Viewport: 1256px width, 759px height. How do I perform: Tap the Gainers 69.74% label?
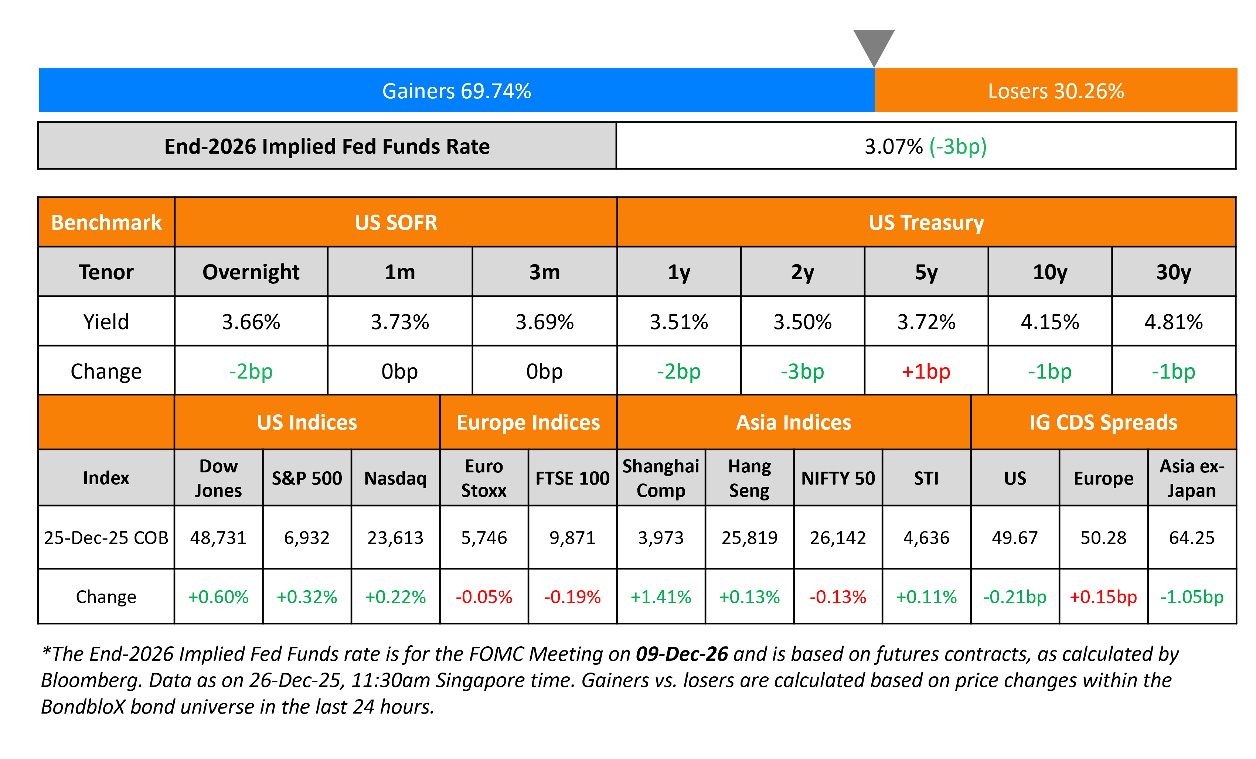456,91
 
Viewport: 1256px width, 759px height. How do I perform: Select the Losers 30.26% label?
1056,91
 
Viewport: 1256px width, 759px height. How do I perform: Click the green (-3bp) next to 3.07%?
958,147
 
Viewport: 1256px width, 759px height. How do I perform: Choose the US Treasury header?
926,223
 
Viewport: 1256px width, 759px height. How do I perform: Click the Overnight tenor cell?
251,272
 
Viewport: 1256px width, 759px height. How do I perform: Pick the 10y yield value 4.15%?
1049,322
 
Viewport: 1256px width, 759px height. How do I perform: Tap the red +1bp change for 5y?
926,371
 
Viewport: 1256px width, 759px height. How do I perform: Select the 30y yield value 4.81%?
1174,322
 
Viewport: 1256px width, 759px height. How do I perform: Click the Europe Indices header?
528,422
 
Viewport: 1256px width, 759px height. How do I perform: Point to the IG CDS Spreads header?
1103,422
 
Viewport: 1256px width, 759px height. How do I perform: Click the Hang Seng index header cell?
749,478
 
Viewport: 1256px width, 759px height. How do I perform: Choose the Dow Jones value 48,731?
218,537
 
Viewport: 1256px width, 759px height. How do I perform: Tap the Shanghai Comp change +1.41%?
661,596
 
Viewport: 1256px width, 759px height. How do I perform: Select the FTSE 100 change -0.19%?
572,596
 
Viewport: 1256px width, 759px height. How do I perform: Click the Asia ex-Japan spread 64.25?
1192,537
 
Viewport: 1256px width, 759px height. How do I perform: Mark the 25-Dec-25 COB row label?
106,537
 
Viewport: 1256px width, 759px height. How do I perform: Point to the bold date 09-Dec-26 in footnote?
681,654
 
